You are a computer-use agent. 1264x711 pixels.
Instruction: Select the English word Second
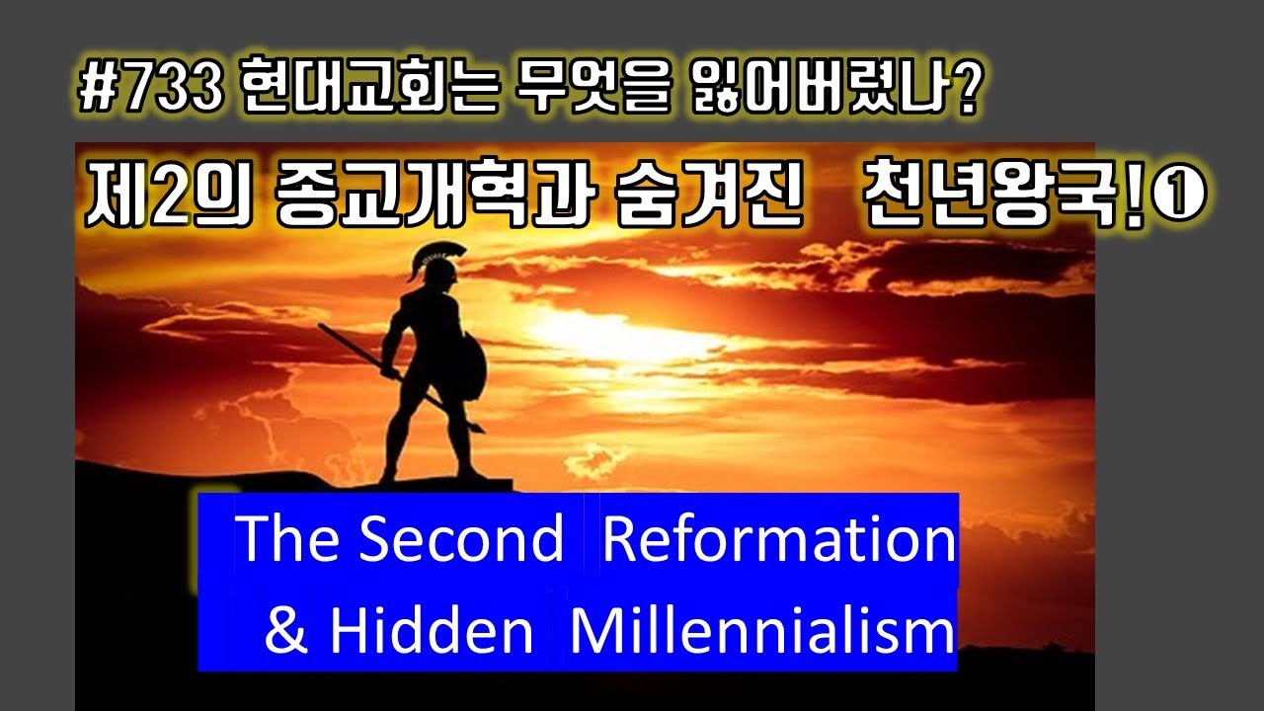pyautogui.click(x=460, y=539)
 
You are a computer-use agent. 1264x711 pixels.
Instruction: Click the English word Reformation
pyautogui.click(x=778, y=539)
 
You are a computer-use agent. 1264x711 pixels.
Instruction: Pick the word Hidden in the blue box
pyautogui.click(x=431, y=630)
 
